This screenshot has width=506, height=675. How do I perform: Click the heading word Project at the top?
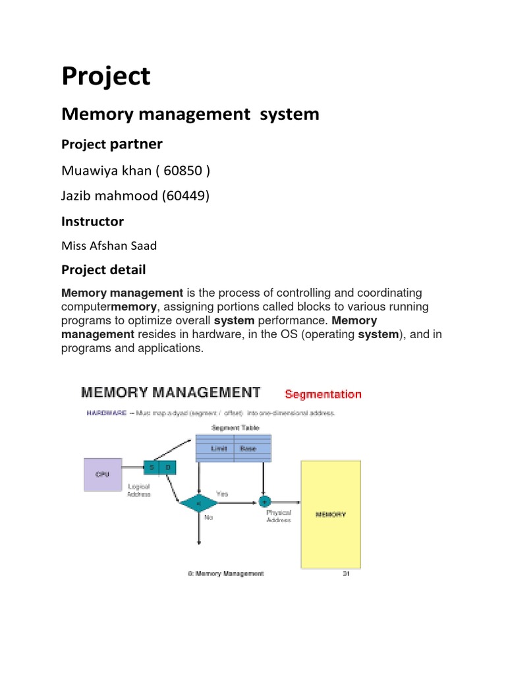[105, 77]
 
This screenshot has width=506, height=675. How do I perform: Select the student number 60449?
[186, 196]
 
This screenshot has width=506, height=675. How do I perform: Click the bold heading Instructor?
[92, 221]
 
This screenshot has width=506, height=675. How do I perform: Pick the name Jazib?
[78, 196]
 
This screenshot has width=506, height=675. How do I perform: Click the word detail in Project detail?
[128, 270]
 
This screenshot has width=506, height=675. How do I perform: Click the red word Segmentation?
[323, 394]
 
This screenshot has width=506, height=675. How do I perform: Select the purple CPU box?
[103, 473]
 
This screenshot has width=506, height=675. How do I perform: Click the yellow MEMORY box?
[331, 514]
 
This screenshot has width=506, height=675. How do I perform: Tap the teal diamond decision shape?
[198, 502]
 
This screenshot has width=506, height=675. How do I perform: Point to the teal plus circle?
[266, 501]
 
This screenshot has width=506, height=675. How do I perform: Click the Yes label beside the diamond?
[223, 492]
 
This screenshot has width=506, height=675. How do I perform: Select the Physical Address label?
[278, 515]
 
